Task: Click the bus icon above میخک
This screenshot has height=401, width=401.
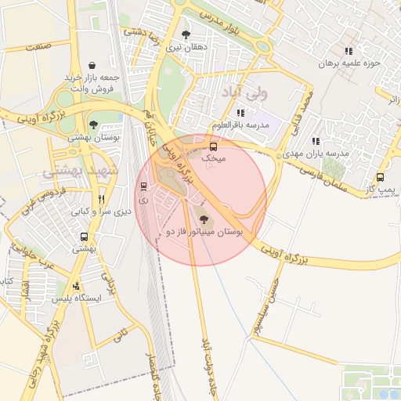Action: [x=213, y=146]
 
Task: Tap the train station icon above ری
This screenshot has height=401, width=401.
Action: [x=143, y=186]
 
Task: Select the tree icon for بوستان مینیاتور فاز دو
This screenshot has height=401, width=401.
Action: [x=204, y=219]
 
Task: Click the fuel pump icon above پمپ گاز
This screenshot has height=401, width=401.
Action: [x=380, y=177]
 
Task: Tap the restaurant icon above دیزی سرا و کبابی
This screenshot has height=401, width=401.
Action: [x=100, y=199]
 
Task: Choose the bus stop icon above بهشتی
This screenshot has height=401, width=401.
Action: [x=83, y=237]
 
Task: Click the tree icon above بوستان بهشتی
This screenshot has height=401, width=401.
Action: [x=93, y=125]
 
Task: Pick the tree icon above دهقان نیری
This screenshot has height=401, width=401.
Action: [x=186, y=34]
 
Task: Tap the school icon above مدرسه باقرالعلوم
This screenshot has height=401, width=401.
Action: [x=240, y=113]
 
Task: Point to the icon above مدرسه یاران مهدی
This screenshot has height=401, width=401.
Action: [x=315, y=141]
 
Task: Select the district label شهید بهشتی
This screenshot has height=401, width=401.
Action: [x=78, y=169]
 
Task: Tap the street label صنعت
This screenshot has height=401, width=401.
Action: [x=36, y=48]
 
